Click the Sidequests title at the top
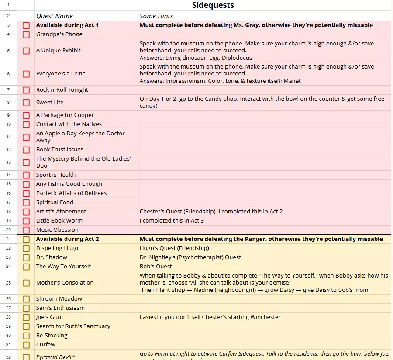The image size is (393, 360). [213, 5]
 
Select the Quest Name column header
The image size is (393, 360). [55, 16]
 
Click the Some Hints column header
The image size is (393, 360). [156, 16]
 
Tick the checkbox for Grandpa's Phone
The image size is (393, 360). [26, 34]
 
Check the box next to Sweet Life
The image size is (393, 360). [26, 103]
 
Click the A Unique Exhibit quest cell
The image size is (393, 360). [59, 51]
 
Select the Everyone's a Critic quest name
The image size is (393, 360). [61, 74]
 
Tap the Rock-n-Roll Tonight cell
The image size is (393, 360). [62, 90]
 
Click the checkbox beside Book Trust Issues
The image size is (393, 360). [26, 150]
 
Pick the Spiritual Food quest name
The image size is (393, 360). [55, 202]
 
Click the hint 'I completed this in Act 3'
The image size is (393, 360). [172, 221]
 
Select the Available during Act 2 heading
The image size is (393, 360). [67, 239]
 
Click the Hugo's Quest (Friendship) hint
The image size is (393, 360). [174, 248]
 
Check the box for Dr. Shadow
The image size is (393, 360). [26, 257]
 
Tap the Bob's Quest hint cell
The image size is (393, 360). [156, 267]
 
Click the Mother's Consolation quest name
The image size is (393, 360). [65, 283]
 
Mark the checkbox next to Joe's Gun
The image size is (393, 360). [26, 317]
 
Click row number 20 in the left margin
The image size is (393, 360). [8, 230]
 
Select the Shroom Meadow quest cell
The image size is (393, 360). [59, 299]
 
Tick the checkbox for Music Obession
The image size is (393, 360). [26, 230]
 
